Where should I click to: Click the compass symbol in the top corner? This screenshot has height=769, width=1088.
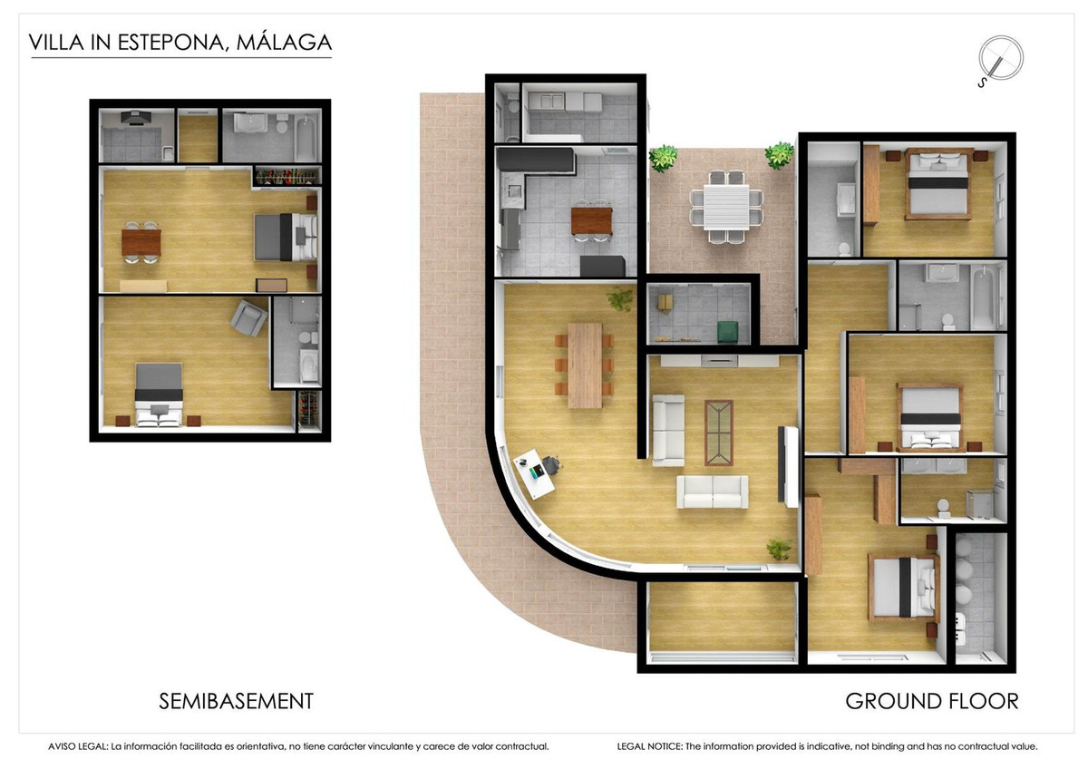tap(999, 59)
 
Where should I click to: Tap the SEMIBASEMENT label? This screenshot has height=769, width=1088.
tap(236, 701)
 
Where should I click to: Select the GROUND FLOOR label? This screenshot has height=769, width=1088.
tap(931, 701)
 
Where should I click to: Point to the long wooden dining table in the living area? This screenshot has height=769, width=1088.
tap(585, 365)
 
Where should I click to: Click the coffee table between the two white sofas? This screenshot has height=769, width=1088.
tap(719, 432)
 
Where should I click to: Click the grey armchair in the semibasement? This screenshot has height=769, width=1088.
tap(248, 318)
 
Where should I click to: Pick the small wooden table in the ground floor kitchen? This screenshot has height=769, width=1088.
tap(592, 220)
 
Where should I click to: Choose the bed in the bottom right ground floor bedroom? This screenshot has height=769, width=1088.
tap(903, 588)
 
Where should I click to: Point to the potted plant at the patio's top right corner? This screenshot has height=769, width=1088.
tap(778, 155)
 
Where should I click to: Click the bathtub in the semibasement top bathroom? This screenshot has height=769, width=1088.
tap(306, 136)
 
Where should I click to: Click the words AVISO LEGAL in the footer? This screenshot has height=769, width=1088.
tap(77, 746)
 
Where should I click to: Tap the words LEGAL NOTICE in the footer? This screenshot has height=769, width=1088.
tap(647, 746)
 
